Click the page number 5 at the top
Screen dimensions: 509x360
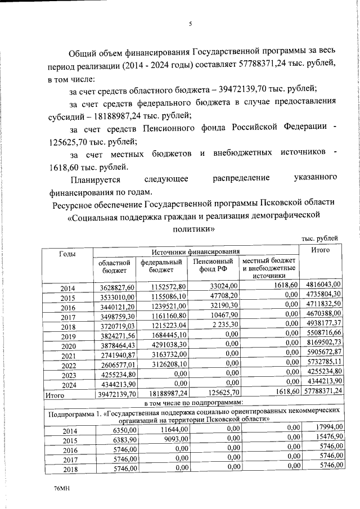[190, 24]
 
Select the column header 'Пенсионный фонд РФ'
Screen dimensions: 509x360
[213, 266]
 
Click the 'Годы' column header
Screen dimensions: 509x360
[67, 254]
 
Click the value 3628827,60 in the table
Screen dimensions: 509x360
[114, 287]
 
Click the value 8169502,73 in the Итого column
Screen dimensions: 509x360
[322, 345]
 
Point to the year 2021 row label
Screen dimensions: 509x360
[67, 354]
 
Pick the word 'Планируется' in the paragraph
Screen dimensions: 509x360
[95, 178]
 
